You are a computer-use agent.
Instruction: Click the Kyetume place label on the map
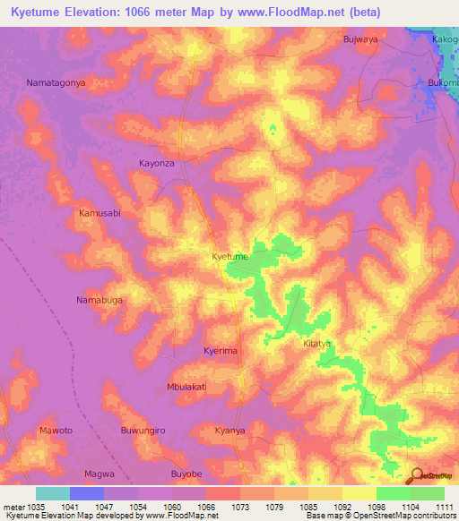[x=229, y=257]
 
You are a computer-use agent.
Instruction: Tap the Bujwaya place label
[x=363, y=40]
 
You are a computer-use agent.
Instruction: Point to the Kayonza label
[x=156, y=164]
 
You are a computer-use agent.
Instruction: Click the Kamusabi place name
[x=100, y=214]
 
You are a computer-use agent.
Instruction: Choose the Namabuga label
[x=99, y=300]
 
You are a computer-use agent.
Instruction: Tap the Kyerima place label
[x=221, y=351]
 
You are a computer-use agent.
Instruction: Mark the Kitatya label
[x=317, y=344]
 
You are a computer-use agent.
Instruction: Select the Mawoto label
[x=56, y=431]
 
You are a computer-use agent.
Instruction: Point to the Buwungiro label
[x=143, y=431]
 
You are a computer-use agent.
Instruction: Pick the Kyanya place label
[x=229, y=431]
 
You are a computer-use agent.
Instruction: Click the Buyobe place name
[x=187, y=473]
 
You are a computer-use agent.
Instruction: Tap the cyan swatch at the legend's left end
[x=52, y=493]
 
